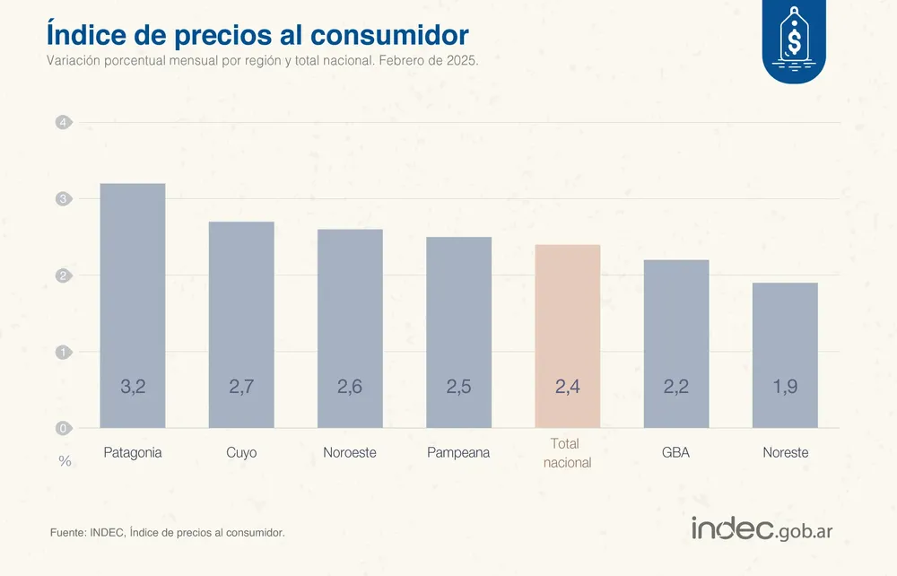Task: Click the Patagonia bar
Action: (x=132, y=305)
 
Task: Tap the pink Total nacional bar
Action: (x=568, y=336)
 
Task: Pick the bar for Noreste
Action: (x=785, y=354)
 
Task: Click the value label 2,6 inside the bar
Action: (x=350, y=388)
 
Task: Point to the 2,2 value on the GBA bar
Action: (x=676, y=388)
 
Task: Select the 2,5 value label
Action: (x=459, y=388)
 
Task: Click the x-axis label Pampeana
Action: (x=459, y=453)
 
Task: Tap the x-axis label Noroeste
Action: (x=350, y=453)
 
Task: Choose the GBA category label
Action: (x=676, y=453)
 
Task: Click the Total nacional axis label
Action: (x=568, y=453)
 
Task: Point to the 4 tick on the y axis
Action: (x=63, y=122)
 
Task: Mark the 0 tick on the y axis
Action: (x=63, y=428)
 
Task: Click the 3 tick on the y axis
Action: (x=63, y=198)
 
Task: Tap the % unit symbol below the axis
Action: (x=65, y=461)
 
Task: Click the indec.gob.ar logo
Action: (x=762, y=529)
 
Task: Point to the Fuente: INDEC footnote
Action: (x=168, y=533)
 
